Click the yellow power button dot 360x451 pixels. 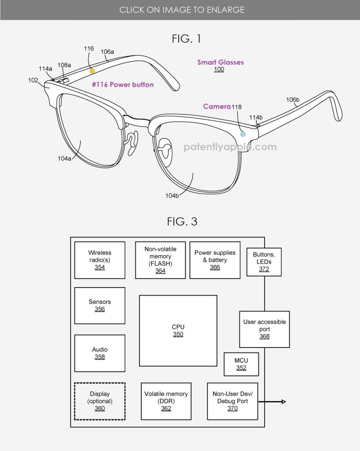click(92, 71)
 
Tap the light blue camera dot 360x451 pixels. click(243, 134)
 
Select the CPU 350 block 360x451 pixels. click(178, 330)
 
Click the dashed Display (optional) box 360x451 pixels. click(99, 401)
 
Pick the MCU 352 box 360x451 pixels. click(241, 364)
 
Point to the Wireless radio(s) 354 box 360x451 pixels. click(99, 260)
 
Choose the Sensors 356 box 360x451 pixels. click(99, 305)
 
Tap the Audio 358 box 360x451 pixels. click(99, 353)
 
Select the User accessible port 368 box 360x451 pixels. click(264, 329)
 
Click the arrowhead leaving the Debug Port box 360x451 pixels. click(283, 401)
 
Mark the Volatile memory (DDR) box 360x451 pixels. click(166, 401)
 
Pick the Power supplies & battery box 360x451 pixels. click(215, 260)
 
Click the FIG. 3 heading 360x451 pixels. click(182, 221)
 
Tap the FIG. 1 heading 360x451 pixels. click(186, 39)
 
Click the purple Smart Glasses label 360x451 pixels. click(220, 63)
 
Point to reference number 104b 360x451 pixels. click(172, 196)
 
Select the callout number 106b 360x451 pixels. click(293, 100)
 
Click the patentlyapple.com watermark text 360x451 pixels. click(230, 147)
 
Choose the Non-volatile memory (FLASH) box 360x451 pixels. click(160, 260)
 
